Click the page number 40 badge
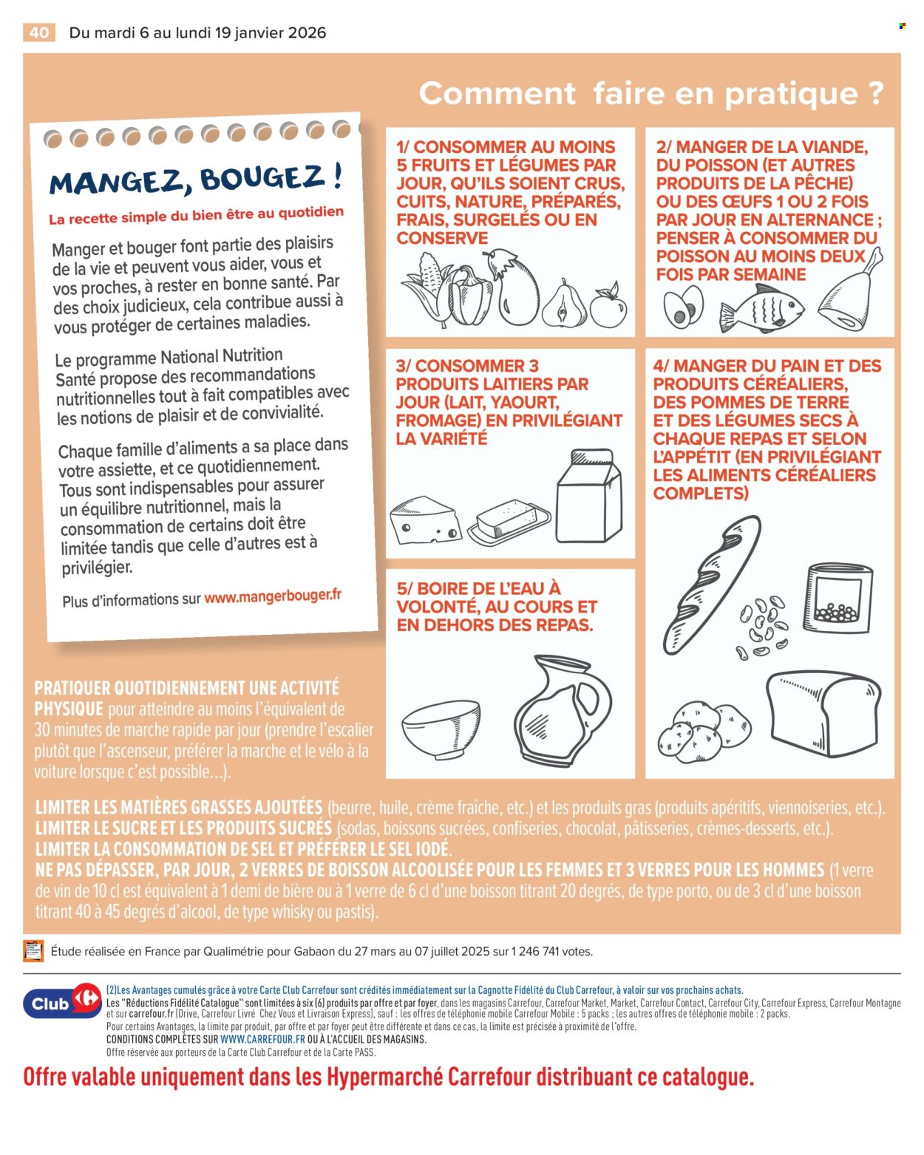(x=39, y=33)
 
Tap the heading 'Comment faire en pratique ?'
(x=650, y=94)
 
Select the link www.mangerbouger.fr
(x=273, y=596)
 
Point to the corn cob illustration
(x=429, y=290)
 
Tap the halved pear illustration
(x=564, y=304)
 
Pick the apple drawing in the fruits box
(x=608, y=306)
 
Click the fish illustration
(x=761, y=307)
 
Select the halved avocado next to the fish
(x=682, y=306)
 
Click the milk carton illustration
(x=589, y=497)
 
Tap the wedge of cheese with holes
(x=425, y=520)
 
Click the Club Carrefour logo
(x=62, y=1002)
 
